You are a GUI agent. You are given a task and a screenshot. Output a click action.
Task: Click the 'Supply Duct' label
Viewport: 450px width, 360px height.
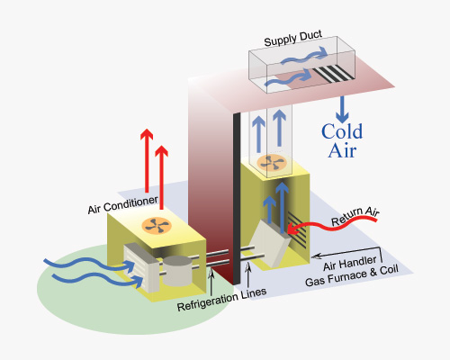pyautogui.click(x=293, y=39)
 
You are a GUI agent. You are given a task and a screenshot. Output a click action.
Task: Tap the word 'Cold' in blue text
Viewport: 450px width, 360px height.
pyautogui.click(x=342, y=131)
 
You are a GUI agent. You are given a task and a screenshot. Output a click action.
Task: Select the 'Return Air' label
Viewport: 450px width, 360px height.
pyautogui.click(x=355, y=216)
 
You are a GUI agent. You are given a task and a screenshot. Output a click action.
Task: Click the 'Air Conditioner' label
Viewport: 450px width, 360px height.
pyautogui.click(x=122, y=205)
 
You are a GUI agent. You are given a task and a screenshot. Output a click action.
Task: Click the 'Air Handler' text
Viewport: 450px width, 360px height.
pyautogui.click(x=349, y=263)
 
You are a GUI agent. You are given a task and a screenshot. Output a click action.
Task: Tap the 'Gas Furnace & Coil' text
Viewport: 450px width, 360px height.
pyautogui.click(x=352, y=276)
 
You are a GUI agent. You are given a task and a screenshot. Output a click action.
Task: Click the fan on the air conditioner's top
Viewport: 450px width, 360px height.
pyautogui.click(x=157, y=225)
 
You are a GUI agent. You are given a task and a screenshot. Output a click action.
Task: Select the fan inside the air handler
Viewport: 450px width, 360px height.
pyautogui.click(x=272, y=163)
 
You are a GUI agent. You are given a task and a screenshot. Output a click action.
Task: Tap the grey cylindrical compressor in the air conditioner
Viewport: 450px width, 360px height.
pyautogui.click(x=177, y=271)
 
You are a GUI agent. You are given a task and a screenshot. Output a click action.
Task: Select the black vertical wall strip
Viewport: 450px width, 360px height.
pyautogui.click(x=237, y=199)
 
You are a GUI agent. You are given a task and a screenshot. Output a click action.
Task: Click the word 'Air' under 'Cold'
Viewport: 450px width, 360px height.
pyautogui.click(x=342, y=150)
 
